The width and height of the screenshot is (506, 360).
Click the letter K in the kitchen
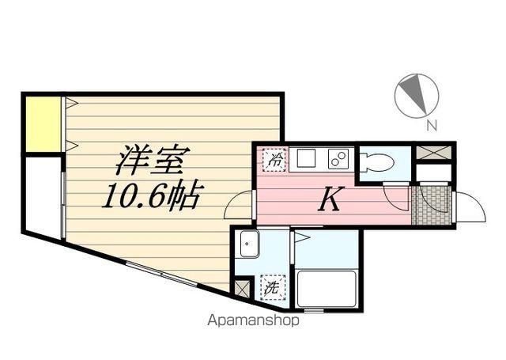click(x=329, y=200)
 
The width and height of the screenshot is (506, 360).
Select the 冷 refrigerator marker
click(x=271, y=159)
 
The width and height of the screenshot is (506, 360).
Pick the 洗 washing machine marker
click(x=271, y=289)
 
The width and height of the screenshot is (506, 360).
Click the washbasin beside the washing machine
click(x=249, y=245)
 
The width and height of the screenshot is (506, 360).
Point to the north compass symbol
click(x=416, y=96)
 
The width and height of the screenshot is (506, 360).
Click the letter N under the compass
click(x=431, y=124)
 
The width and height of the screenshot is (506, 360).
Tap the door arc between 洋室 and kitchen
click(x=239, y=207)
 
